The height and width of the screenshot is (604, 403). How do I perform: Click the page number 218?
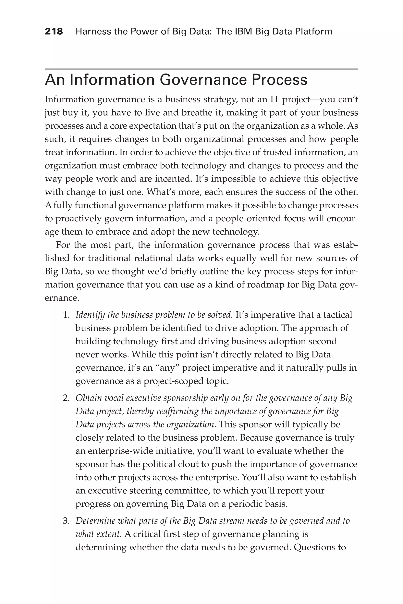coord(54,32)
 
